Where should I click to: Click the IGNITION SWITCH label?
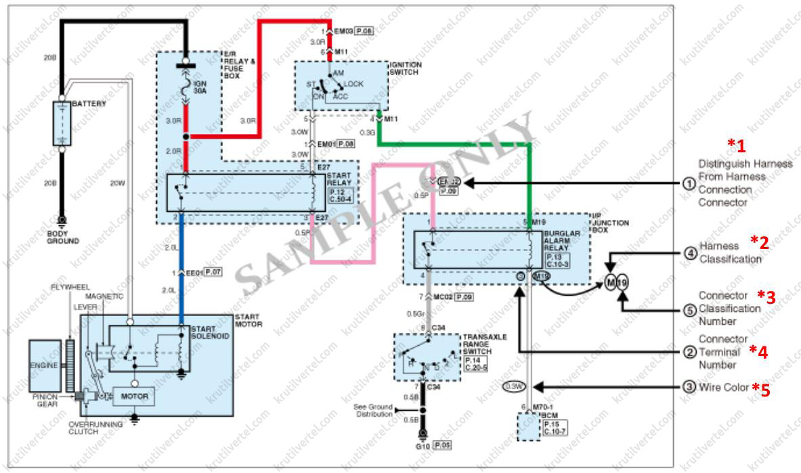[405, 68]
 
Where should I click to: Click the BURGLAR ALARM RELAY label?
[559, 239]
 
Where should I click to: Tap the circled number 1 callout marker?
[689, 183]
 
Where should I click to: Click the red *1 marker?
[737, 145]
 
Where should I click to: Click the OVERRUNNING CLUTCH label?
[95, 428]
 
